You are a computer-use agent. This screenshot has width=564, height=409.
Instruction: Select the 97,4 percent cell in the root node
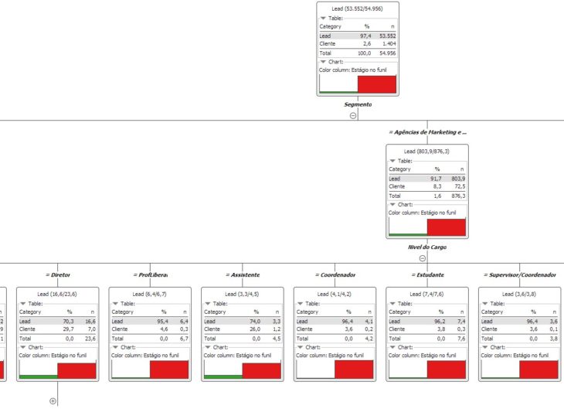click(x=365, y=36)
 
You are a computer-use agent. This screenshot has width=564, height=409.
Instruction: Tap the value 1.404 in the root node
click(x=386, y=44)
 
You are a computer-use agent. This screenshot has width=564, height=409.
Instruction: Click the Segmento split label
click(x=358, y=104)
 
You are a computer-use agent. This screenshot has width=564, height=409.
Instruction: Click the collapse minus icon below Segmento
click(x=353, y=115)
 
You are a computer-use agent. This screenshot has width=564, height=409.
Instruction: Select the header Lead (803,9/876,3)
click(x=426, y=151)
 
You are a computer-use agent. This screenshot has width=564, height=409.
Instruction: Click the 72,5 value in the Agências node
click(x=457, y=186)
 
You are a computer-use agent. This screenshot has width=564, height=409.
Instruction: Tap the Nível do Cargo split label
click(x=427, y=247)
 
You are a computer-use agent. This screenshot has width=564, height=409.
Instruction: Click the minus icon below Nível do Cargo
click(x=423, y=258)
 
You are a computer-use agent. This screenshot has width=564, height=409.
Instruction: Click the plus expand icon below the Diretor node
click(x=53, y=400)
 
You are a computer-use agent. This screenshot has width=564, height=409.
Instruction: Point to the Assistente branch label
click(x=243, y=274)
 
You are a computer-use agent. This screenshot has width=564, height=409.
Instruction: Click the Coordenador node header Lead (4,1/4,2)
click(x=335, y=294)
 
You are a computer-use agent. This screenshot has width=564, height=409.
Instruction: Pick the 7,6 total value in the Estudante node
click(x=458, y=338)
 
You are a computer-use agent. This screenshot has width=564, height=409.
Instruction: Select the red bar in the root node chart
click(x=376, y=84)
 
